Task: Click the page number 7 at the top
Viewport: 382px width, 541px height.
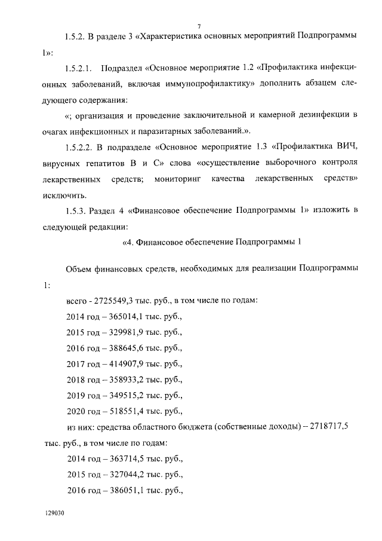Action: (x=199, y=25)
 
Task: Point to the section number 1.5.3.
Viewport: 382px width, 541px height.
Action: (x=76, y=210)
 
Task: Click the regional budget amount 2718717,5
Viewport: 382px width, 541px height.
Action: (x=327, y=427)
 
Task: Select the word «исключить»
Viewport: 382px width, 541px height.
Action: (x=64, y=195)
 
